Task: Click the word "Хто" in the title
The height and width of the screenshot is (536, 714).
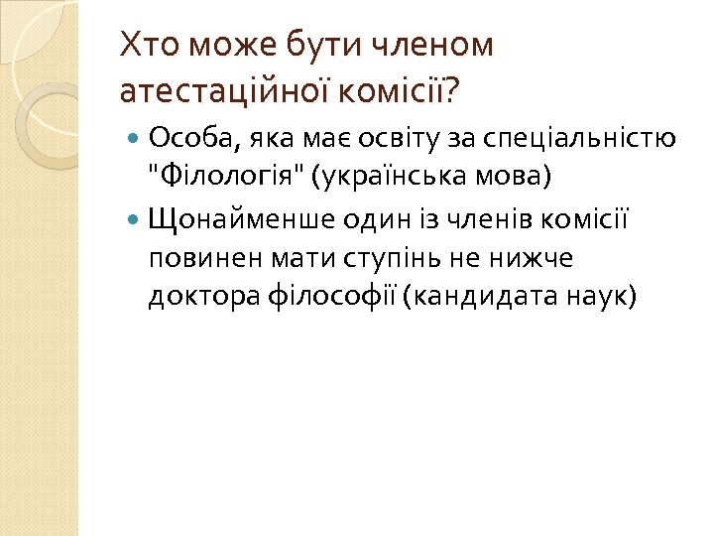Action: click(x=145, y=45)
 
